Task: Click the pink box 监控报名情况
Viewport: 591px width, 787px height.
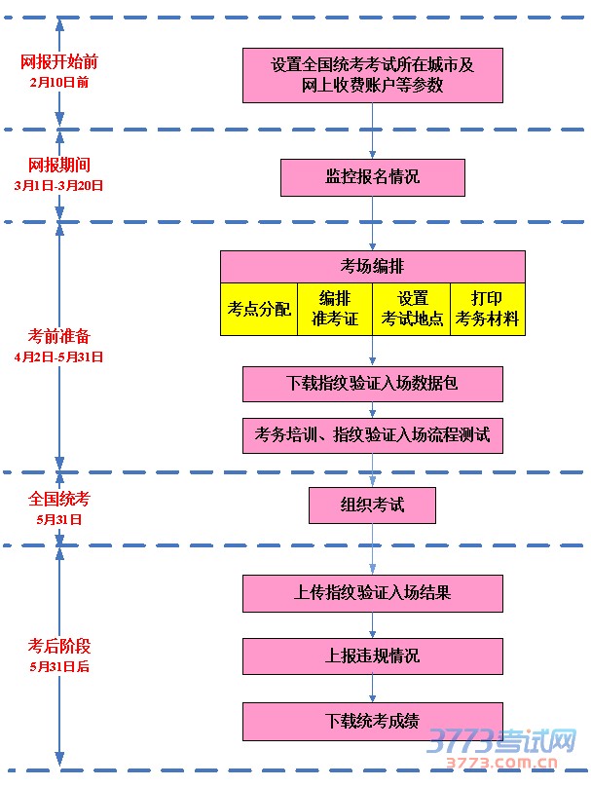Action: pyautogui.click(x=372, y=178)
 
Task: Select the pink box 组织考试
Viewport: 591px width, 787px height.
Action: pyautogui.click(x=372, y=506)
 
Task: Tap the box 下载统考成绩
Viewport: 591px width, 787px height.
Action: pyautogui.click(x=372, y=722)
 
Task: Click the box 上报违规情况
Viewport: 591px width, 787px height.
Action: pyautogui.click(x=372, y=656)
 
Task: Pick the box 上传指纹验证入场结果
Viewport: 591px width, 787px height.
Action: pyautogui.click(x=372, y=592)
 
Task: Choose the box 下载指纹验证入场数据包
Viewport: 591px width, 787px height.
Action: pyautogui.click(x=372, y=384)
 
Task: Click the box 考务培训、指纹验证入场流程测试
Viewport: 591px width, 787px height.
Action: pyautogui.click(x=372, y=434)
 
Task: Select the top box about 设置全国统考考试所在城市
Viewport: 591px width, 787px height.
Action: pyautogui.click(x=372, y=75)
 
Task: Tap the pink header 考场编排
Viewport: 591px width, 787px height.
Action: pyautogui.click(x=372, y=267)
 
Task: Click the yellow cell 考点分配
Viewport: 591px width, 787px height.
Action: pyautogui.click(x=259, y=310)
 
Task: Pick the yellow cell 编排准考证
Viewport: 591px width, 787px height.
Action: pyautogui.click(x=335, y=310)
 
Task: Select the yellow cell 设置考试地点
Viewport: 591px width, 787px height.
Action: pyautogui.click(x=412, y=310)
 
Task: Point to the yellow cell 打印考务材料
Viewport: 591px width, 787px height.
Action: pyautogui.click(x=487, y=310)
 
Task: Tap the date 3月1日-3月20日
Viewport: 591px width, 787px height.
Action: pyautogui.click(x=59, y=184)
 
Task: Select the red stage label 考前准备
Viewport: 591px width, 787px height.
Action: pyautogui.click(x=59, y=337)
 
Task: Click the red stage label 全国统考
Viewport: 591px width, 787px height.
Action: pyautogui.click(x=59, y=499)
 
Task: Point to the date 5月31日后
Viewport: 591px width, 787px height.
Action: pyautogui.click(x=59, y=667)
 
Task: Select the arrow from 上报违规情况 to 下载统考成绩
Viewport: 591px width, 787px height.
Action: pyautogui.click(x=372, y=689)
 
